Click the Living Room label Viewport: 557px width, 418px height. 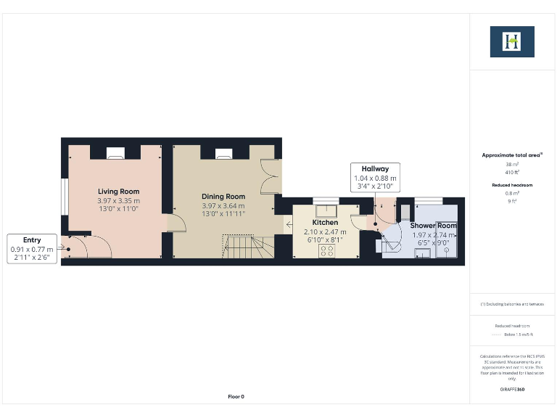(118, 192)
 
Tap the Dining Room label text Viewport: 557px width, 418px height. (223, 197)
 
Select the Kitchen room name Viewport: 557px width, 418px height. (325, 223)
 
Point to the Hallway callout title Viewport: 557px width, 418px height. (375, 169)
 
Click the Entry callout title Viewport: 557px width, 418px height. (32, 240)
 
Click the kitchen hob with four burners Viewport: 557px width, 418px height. (326, 250)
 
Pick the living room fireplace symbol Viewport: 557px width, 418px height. (115, 153)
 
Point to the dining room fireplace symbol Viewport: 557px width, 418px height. (223, 153)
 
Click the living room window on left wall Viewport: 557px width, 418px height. (64, 196)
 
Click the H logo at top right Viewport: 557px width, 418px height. (512, 42)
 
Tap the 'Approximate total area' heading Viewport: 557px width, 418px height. (512, 155)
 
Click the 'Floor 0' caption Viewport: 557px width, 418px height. (236, 396)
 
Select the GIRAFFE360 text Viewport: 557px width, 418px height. (512, 390)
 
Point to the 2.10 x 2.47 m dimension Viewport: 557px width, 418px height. (325, 232)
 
